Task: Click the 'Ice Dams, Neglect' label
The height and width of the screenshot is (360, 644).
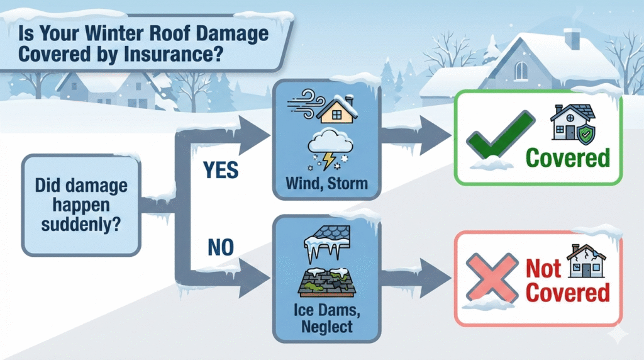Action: [x=321, y=318]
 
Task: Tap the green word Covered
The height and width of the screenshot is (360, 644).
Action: [x=568, y=157]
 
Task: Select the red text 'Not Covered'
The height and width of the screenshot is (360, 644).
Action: [x=567, y=281]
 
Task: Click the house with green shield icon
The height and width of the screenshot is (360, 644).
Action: [x=573, y=121]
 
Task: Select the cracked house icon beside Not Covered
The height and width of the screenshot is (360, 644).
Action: [x=586, y=261]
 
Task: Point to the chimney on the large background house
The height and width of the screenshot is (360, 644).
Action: [x=572, y=38]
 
